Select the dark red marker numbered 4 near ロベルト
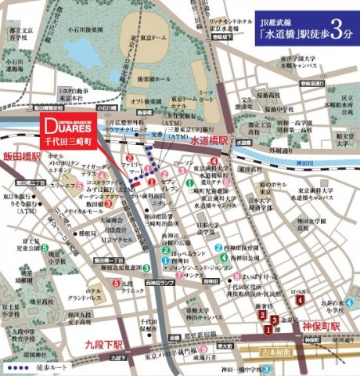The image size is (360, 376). point(299,298)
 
